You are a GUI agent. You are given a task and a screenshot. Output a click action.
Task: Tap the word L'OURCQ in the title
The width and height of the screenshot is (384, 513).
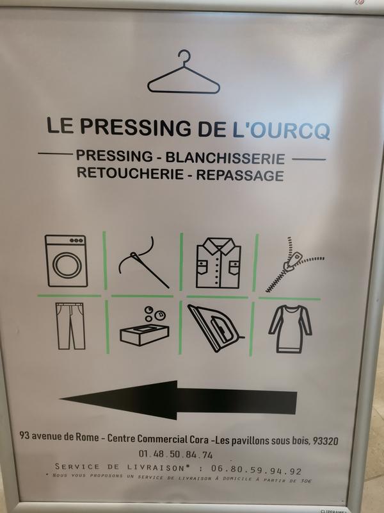point(281,131)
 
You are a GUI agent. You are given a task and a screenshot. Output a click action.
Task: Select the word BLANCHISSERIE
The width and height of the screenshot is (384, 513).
point(225,158)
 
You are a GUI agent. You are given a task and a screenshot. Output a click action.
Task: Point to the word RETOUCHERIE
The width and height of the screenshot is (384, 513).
point(130,173)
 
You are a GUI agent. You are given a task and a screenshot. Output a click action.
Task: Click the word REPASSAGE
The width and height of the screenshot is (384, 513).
point(240,175)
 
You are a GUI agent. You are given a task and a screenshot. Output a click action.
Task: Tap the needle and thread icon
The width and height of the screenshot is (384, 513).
point(143,262)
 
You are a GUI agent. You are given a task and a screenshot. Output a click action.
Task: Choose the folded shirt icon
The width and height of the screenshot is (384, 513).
point(218,263)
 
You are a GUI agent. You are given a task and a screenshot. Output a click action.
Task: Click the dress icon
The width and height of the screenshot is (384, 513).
point(290,329)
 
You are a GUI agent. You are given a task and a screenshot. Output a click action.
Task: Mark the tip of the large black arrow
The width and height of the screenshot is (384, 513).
point(60,399)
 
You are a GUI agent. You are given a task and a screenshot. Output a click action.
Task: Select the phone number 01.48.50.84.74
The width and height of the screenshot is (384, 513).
point(175,455)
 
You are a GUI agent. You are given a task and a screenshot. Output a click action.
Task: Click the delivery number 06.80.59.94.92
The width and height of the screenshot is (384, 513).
point(257,470)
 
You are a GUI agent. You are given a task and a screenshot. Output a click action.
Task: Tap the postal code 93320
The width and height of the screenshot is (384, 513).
point(326,441)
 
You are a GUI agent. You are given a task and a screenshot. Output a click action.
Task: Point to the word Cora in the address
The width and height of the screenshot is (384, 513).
point(199,439)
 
